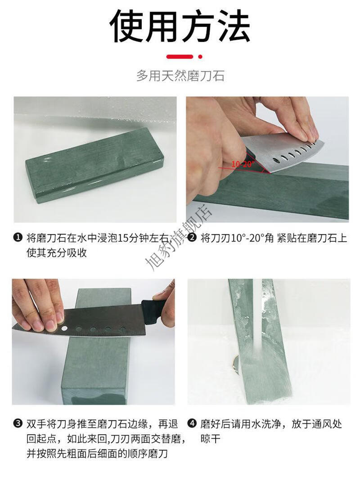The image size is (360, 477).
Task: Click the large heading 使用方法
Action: [x=180, y=26]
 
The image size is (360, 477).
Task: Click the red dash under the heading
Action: [x=180, y=57]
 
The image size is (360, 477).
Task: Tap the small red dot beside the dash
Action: [x=200, y=57]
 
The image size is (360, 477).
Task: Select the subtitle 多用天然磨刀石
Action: [x=180, y=76]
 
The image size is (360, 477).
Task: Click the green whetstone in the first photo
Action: [x=94, y=164]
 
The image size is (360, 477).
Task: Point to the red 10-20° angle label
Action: [x=243, y=164]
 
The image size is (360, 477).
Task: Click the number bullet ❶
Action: [x=18, y=237]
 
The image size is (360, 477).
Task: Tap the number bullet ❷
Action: [x=192, y=237]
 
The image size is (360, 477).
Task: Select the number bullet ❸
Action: [x=18, y=423]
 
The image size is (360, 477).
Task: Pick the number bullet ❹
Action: [x=192, y=423]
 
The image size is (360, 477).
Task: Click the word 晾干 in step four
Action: [x=210, y=439]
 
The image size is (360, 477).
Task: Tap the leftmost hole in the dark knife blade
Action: [x=64, y=328]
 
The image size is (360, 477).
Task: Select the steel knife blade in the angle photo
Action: [x=280, y=152]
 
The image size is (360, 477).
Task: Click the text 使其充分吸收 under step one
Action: [x=57, y=252]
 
